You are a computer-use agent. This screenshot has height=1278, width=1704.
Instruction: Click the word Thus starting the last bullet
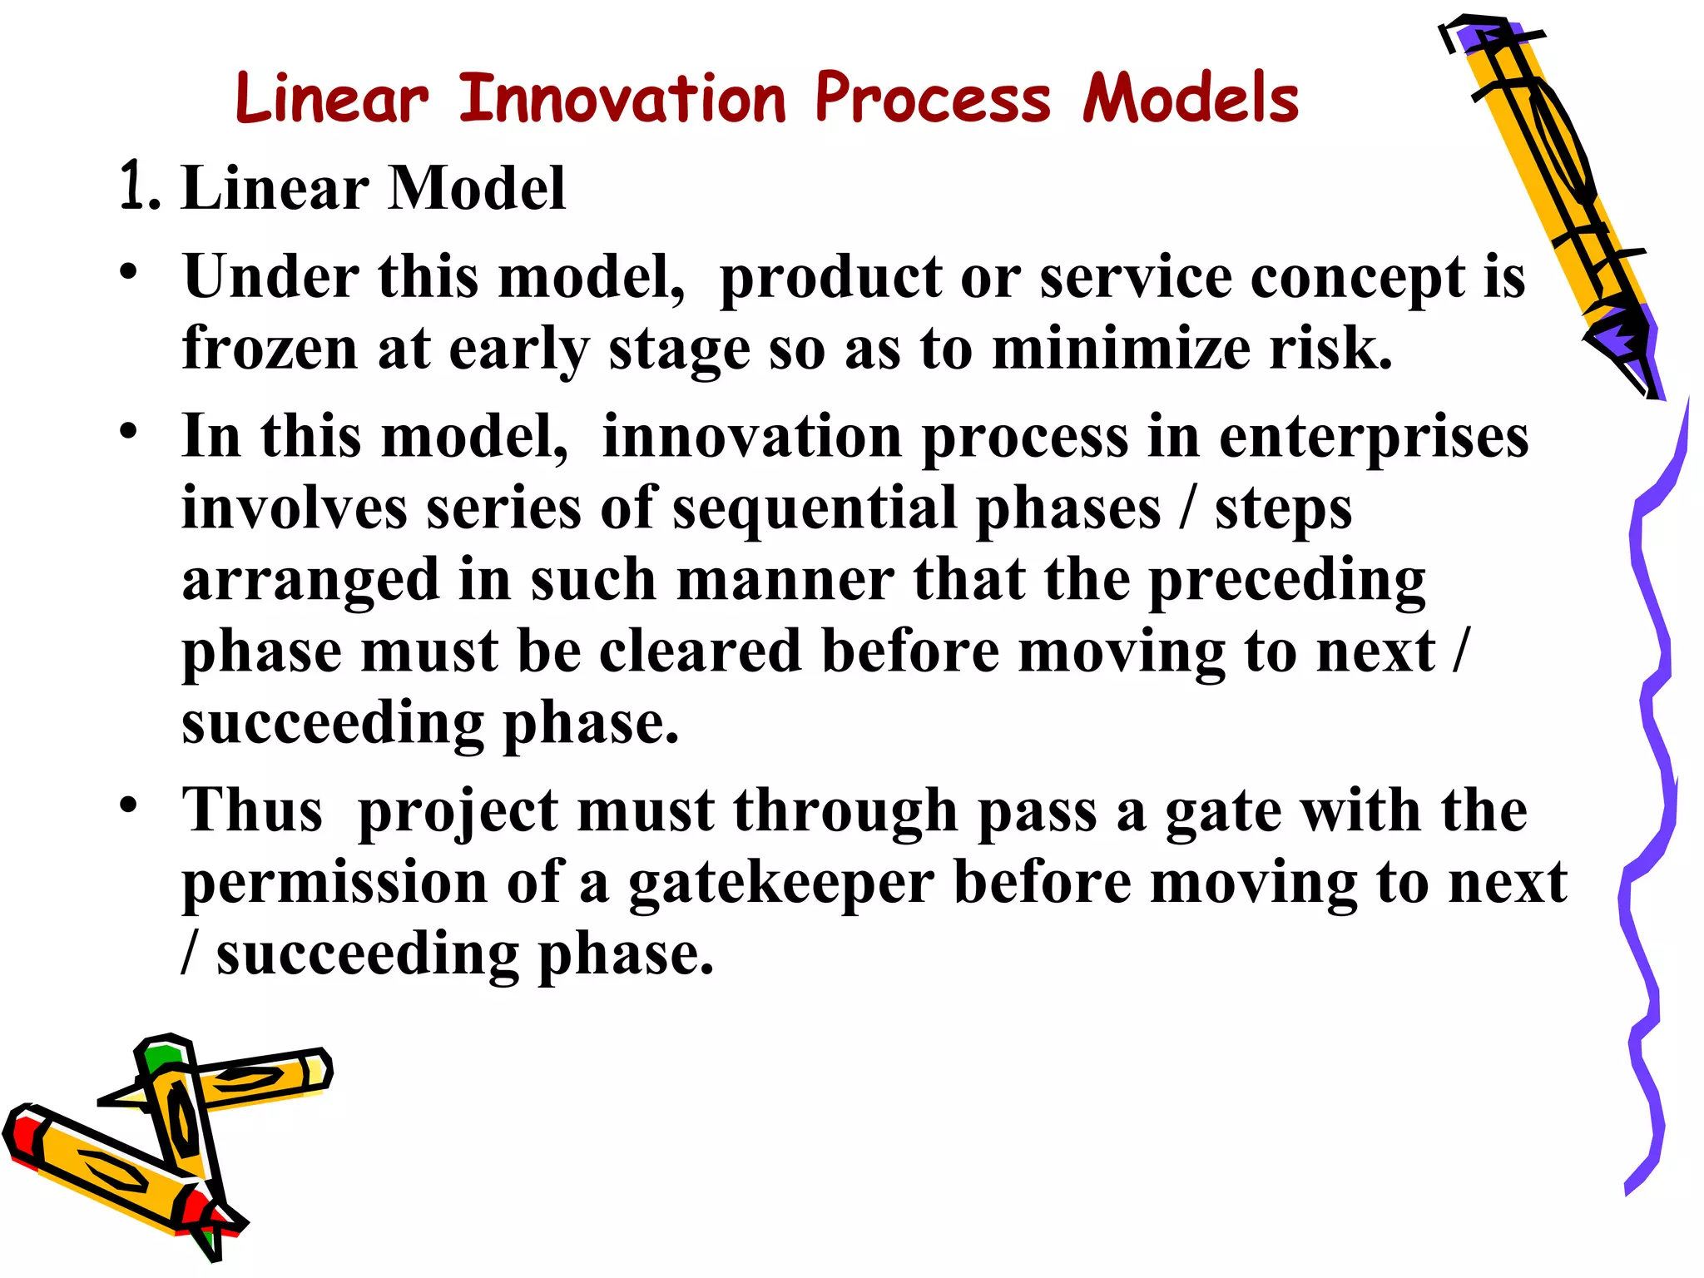[252, 810]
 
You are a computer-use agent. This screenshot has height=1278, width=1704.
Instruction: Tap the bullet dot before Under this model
[127, 272]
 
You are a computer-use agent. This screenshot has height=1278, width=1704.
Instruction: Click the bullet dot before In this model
[127, 432]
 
